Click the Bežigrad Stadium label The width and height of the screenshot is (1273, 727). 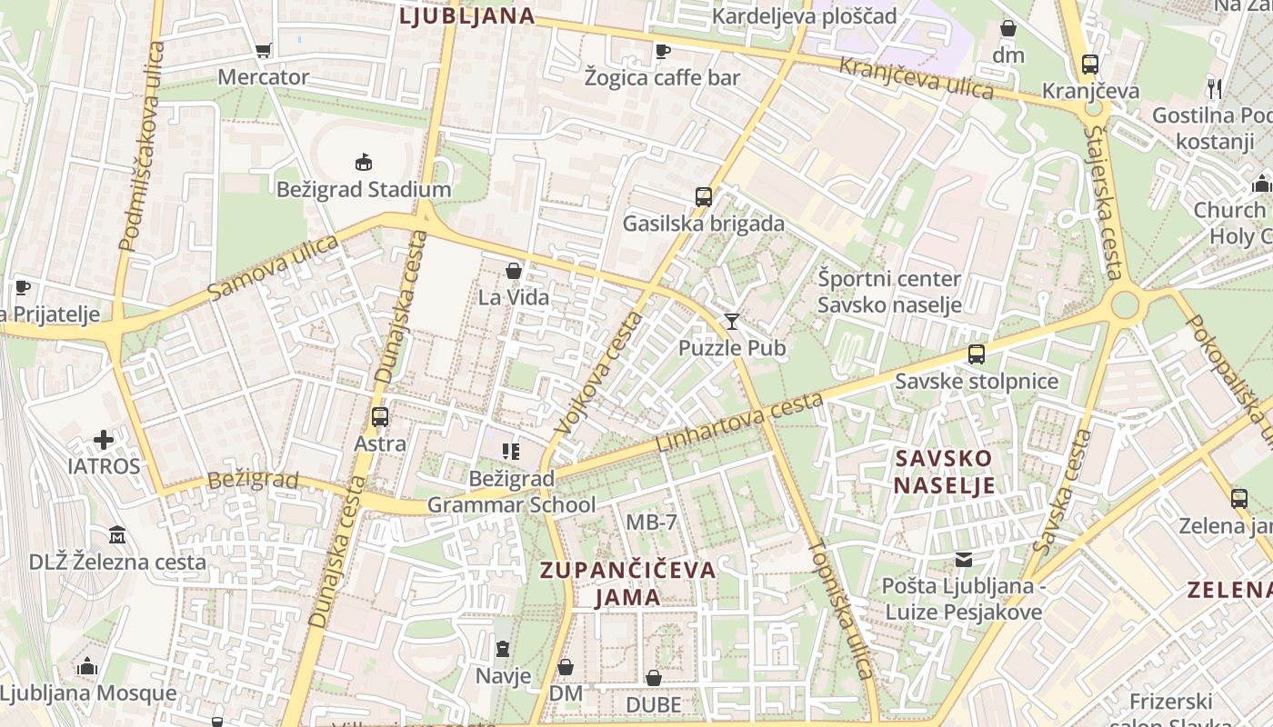[x=364, y=190]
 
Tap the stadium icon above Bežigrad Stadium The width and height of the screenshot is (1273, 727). [x=364, y=163]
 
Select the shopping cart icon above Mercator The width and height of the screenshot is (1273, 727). [x=264, y=51]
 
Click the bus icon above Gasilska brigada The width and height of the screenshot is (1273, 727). [x=703, y=196]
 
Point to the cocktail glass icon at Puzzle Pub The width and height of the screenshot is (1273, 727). [x=732, y=321]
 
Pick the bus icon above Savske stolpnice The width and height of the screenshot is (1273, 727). [x=977, y=354]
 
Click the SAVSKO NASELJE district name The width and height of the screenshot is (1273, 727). [x=943, y=471]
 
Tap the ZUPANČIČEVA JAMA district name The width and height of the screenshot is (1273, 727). [x=628, y=583]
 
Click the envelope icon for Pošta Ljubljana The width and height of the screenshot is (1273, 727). [x=963, y=560]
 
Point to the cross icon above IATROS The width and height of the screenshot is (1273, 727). [x=104, y=440]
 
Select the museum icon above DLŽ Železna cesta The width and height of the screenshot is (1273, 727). [x=117, y=535]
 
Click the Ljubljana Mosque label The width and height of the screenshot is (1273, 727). [x=88, y=693]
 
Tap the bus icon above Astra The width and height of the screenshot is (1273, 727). [x=380, y=417]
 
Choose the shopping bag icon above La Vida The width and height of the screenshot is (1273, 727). [x=514, y=271]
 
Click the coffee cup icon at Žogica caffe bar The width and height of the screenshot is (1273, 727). [x=662, y=51]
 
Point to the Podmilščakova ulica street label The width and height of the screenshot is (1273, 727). [x=141, y=145]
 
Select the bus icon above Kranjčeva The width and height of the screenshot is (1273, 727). [x=1090, y=65]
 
